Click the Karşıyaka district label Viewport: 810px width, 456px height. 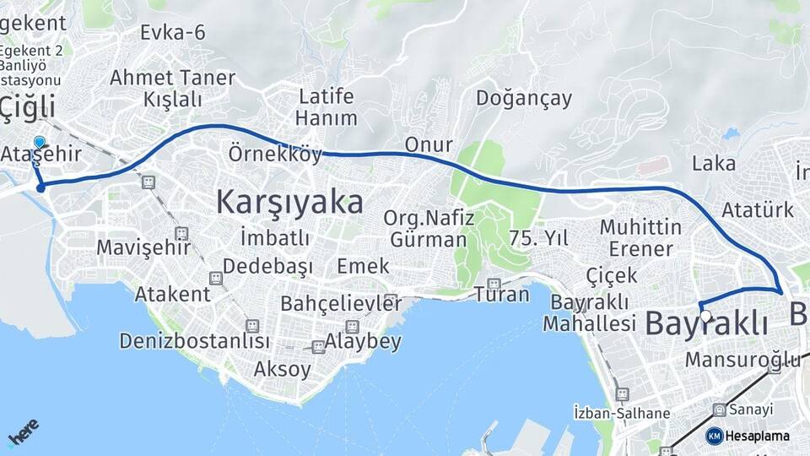click(289, 203)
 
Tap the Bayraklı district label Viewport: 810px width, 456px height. click(706, 323)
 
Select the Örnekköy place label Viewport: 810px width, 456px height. click(275, 155)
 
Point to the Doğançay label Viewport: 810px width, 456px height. click(523, 98)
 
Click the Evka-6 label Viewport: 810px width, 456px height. click(173, 32)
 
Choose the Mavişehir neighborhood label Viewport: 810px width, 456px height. click(139, 247)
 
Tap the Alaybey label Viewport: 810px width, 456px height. click(363, 342)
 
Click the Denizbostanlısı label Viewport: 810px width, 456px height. click(195, 341)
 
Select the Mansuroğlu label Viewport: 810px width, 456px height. click(742, 360)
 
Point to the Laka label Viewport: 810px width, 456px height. click(713, 163)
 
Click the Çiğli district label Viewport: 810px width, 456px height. click(28, 107)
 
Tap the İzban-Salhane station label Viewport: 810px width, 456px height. click(621, 413)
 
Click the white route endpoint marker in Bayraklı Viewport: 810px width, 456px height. click(705, 317)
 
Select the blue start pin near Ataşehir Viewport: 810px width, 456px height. click(39, 142)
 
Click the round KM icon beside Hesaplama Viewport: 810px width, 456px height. click(714, 436)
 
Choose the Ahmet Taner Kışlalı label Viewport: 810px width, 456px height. click(172, 88)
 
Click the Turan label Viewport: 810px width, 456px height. click(501, 295)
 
